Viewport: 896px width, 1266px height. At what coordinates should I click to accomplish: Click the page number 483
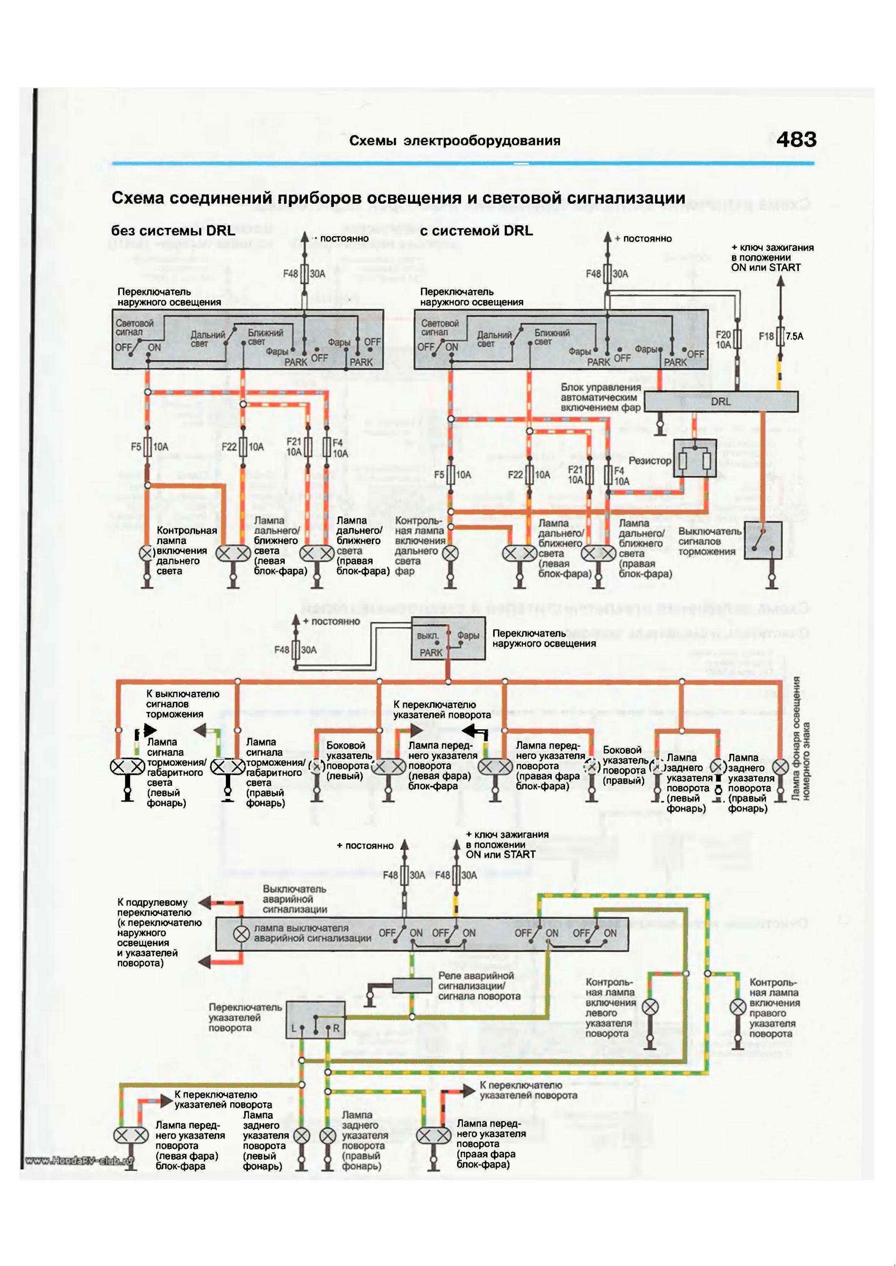pos(796,140)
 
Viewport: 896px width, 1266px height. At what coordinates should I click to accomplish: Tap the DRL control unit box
pos(721,401)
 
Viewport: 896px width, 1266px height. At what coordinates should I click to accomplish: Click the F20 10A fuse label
pos(723,340)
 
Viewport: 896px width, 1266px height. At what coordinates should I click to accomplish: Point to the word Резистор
pos(650,461)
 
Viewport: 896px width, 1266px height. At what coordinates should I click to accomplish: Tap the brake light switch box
pos(763,541)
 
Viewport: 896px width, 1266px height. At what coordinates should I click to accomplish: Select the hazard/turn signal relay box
pos(412,985)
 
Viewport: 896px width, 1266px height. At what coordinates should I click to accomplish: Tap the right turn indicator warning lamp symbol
pos(738,1007)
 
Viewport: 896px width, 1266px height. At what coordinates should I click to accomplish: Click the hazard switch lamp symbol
pos(241,934)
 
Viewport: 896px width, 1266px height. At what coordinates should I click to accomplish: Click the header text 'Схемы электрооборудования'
pos(455,141)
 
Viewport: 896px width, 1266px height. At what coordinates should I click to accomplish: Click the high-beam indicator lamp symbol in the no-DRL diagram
pos(147,553)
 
